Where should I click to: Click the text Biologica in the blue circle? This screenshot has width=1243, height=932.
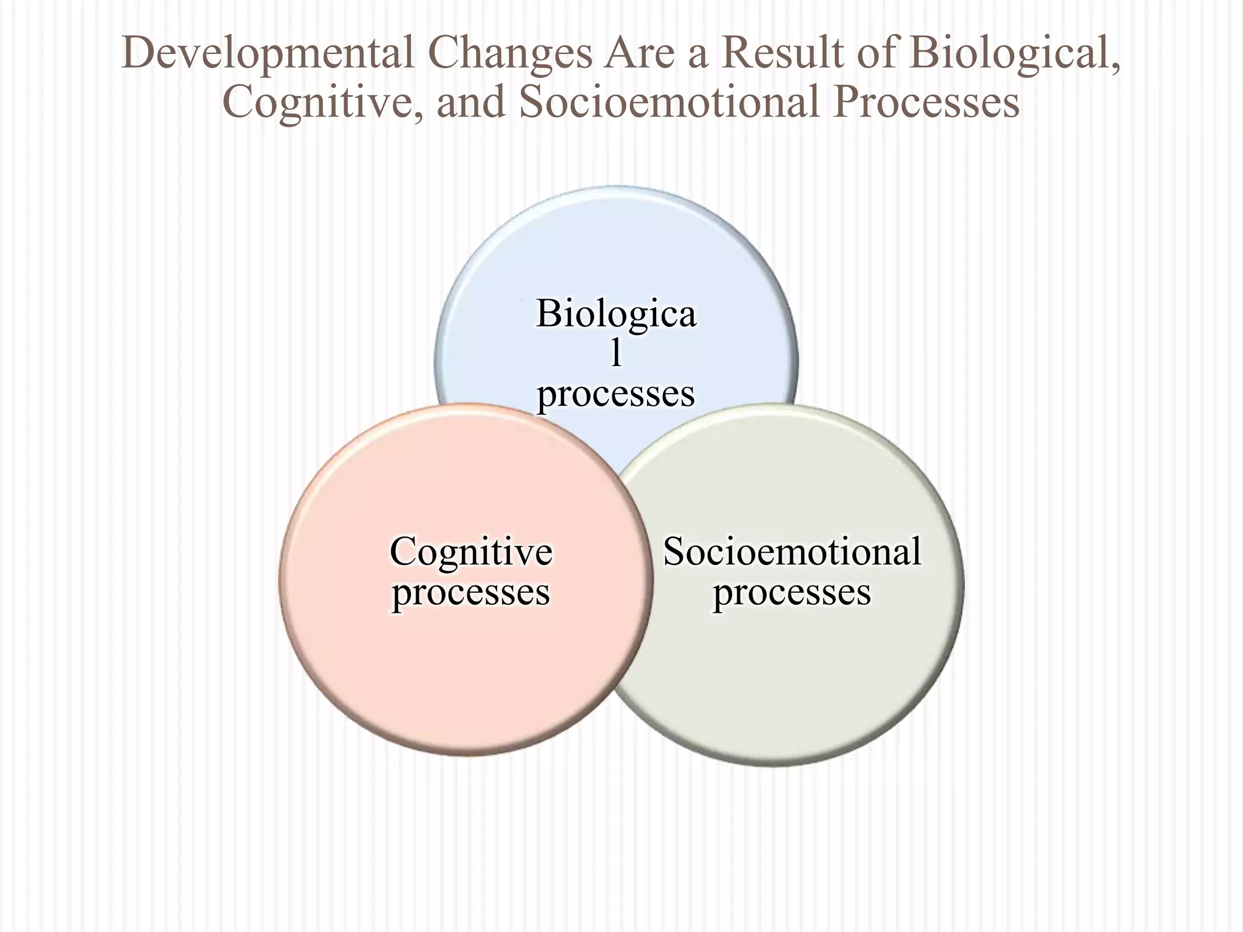tap(616, 315)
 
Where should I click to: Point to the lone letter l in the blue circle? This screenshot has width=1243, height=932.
tap(616, 353)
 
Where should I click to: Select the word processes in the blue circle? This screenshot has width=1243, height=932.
tap(616, 394)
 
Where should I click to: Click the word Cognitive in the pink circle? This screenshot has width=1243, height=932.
tap(471, 552)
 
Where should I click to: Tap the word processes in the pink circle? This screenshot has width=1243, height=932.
tap(471, 593)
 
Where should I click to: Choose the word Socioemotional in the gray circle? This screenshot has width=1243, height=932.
tap(792, 552)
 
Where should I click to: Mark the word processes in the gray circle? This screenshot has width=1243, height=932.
tap(792, 593)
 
